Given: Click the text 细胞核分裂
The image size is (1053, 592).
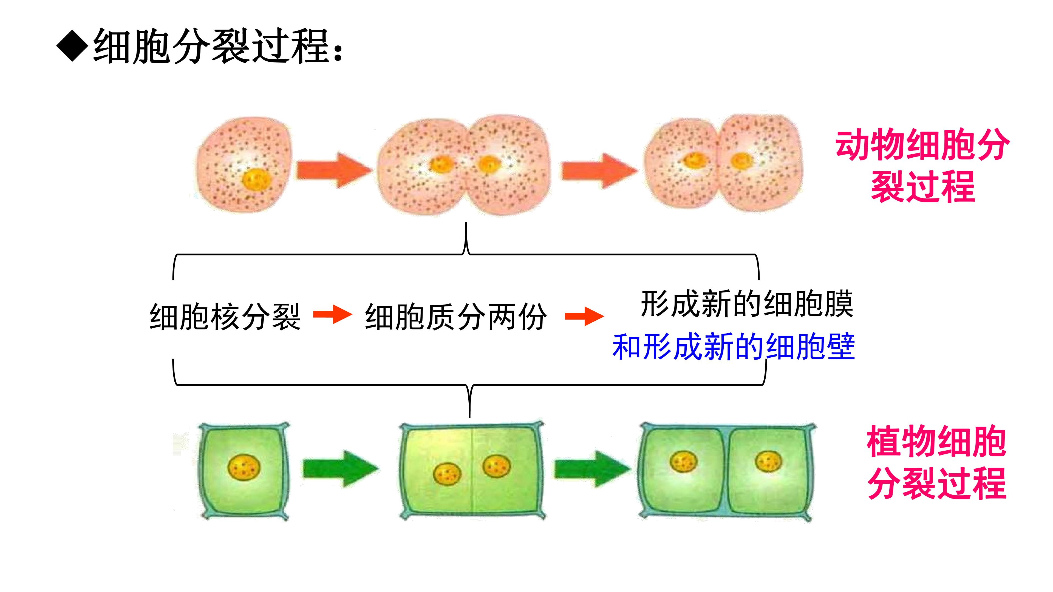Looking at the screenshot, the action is tap(225, 317).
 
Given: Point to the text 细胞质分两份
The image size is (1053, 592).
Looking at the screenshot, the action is tap(456, 317).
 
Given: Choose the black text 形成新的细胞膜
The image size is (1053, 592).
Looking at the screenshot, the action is tap(747, 304).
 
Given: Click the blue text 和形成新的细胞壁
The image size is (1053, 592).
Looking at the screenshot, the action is tap(734, 346).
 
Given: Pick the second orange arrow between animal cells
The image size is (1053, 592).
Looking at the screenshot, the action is tap(599, 171).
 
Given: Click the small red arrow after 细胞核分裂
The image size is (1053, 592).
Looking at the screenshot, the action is tap(333, 315).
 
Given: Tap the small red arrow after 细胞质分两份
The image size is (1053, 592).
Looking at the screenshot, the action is tap(585, 316).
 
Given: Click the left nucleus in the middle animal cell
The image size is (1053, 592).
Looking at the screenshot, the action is tap(441, 165).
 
